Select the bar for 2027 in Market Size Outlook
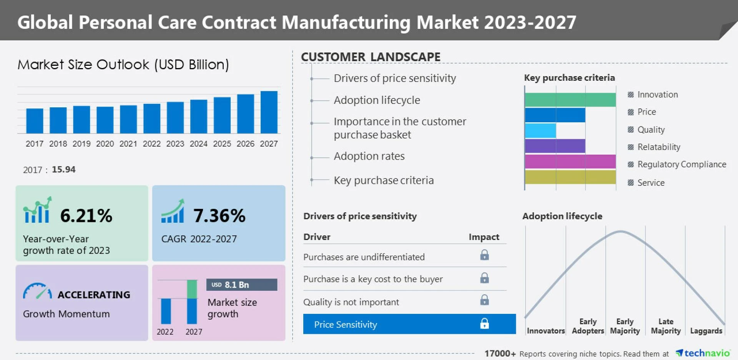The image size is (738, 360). pos(269,112)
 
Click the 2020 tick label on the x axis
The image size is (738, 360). pos(105,144)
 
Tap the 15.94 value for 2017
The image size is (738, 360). pos(63,170)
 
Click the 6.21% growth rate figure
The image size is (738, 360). pos(86,216)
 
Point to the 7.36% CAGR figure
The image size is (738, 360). pos(219,216)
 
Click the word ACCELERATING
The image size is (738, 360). pos(94,295)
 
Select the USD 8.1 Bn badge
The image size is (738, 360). pos(241,285)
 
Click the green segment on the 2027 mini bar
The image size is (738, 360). pos(192,289)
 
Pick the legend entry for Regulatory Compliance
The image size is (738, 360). pos(681,165)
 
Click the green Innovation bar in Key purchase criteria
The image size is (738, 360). pos(570,100)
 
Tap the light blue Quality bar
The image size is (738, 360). pos(540,131)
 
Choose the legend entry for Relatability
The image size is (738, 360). pos(658,147)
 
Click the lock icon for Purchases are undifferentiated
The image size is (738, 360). pos(484,255)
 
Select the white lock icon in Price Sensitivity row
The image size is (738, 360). pos(484,324)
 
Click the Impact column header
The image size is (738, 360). pos(484,237)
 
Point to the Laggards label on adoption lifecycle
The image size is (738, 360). pos(706,331)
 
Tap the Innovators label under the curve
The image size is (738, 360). pos(545,331)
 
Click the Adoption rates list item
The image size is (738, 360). pos(369,157)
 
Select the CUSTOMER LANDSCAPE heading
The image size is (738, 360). pos(371,57)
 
